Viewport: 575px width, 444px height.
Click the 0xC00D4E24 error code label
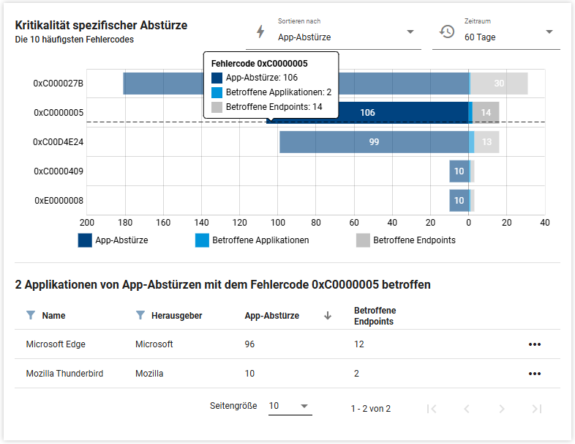pos(59,141)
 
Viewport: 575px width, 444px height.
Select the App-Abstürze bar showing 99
pos(374,141)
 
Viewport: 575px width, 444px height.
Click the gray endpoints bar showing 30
pos(499,84)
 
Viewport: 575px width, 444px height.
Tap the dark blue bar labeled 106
pos(367,113)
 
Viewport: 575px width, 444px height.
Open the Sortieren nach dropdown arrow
pos(410,32)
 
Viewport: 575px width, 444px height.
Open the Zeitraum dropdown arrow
pos(549,32)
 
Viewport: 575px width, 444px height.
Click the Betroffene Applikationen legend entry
pos(252,240)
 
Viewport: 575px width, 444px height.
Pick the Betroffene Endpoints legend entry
pos(406,240)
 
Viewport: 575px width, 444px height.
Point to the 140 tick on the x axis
pos(201,223)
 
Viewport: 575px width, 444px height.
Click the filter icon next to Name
pos(31,315)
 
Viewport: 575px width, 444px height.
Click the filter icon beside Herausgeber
pos(140,315)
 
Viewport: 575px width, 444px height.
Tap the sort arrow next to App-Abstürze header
pos(328,316)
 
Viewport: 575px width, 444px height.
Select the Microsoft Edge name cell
pos(56,344)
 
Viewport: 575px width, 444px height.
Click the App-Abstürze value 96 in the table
pos(249,344)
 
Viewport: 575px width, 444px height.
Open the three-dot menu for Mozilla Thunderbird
pos(535,374)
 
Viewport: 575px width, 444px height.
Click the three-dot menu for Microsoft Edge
pos(535,344)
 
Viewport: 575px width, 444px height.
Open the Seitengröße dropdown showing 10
pos(290,406)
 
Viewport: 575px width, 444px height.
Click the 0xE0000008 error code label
pos(59,201)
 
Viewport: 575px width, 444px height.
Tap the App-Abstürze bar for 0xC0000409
pos(459,171)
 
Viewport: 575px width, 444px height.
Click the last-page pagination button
pos(537,409)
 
